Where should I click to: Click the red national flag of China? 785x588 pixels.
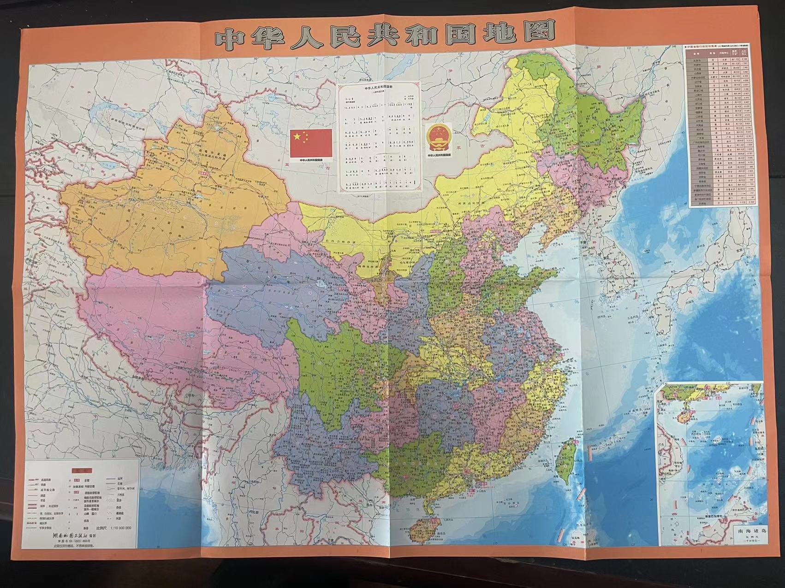[311, 143]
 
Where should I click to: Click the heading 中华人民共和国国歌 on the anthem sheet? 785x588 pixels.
[380, 88]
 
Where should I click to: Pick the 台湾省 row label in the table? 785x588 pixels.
[698, 201]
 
